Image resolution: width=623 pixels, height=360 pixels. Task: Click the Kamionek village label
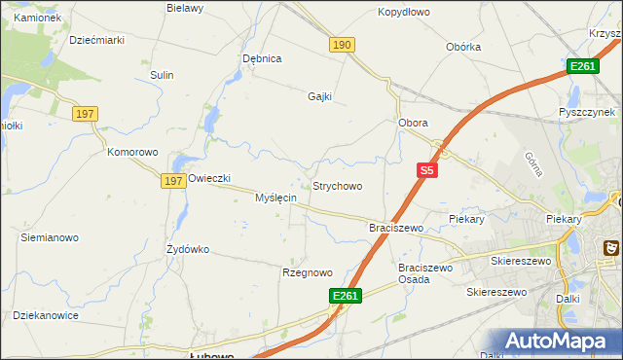(38, 18)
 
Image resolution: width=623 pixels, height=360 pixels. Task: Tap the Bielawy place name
(185, 8)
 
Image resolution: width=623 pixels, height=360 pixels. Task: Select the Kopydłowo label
(403, 13)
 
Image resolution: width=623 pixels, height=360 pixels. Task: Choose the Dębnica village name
(262, 58)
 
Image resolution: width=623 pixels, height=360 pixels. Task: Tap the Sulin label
(162, 75)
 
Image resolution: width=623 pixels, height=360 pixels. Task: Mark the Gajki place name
(320, 96)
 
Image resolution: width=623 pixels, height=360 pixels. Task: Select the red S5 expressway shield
(426, 170)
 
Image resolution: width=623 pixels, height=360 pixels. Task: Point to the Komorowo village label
(132, 153)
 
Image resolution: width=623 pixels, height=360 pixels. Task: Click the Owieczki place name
(208, 178)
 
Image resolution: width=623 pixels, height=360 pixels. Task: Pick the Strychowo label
(337, 186)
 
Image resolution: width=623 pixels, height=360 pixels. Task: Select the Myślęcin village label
(275, 198)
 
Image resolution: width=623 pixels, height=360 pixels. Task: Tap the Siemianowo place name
(50, 237)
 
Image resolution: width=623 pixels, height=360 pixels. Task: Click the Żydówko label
(188, 249)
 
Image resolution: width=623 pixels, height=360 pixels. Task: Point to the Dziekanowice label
(45, 315)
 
